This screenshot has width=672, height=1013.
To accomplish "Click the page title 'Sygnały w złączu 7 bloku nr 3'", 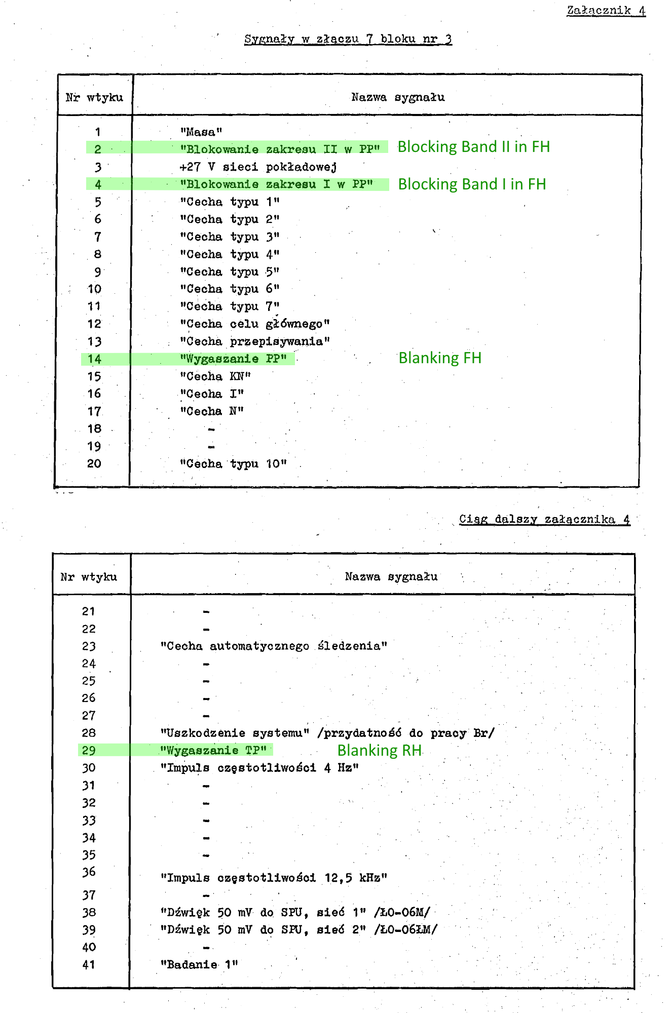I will pos(348,39).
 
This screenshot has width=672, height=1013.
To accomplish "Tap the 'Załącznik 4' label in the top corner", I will pos(606,10).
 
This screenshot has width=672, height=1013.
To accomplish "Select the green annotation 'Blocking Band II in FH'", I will pos(473,147).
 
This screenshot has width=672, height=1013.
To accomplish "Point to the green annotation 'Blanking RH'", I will pos(380,750).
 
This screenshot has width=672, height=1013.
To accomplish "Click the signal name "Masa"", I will pos(201,132).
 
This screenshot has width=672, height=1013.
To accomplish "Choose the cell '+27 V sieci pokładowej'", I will pos(258,167).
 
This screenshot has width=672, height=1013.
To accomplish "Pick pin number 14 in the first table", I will pos(94,359).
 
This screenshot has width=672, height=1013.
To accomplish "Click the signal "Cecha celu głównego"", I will pos(255,324).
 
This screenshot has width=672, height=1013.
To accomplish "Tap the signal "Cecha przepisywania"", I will pos(255,341).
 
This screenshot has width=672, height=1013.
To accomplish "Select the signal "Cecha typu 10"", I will pos(234,464).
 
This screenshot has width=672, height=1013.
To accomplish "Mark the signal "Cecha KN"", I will pos(215,376).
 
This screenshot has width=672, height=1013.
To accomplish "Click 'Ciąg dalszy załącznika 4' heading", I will pos(544,519).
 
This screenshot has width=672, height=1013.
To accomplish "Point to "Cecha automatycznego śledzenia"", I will pos(274,646).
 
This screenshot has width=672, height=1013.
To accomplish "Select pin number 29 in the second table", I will pos(89,750).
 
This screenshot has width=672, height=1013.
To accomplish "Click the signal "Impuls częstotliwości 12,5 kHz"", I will pos(274,878).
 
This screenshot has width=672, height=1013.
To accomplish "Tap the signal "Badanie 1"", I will pos(199,964).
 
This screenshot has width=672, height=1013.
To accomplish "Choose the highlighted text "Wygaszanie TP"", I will pos(213,750).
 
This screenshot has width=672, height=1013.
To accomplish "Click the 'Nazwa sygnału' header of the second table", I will pos(391,576).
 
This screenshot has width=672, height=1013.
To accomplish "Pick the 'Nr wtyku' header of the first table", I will pos(94,97).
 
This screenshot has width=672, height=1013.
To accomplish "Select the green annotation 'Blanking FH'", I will pos(439,358).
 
